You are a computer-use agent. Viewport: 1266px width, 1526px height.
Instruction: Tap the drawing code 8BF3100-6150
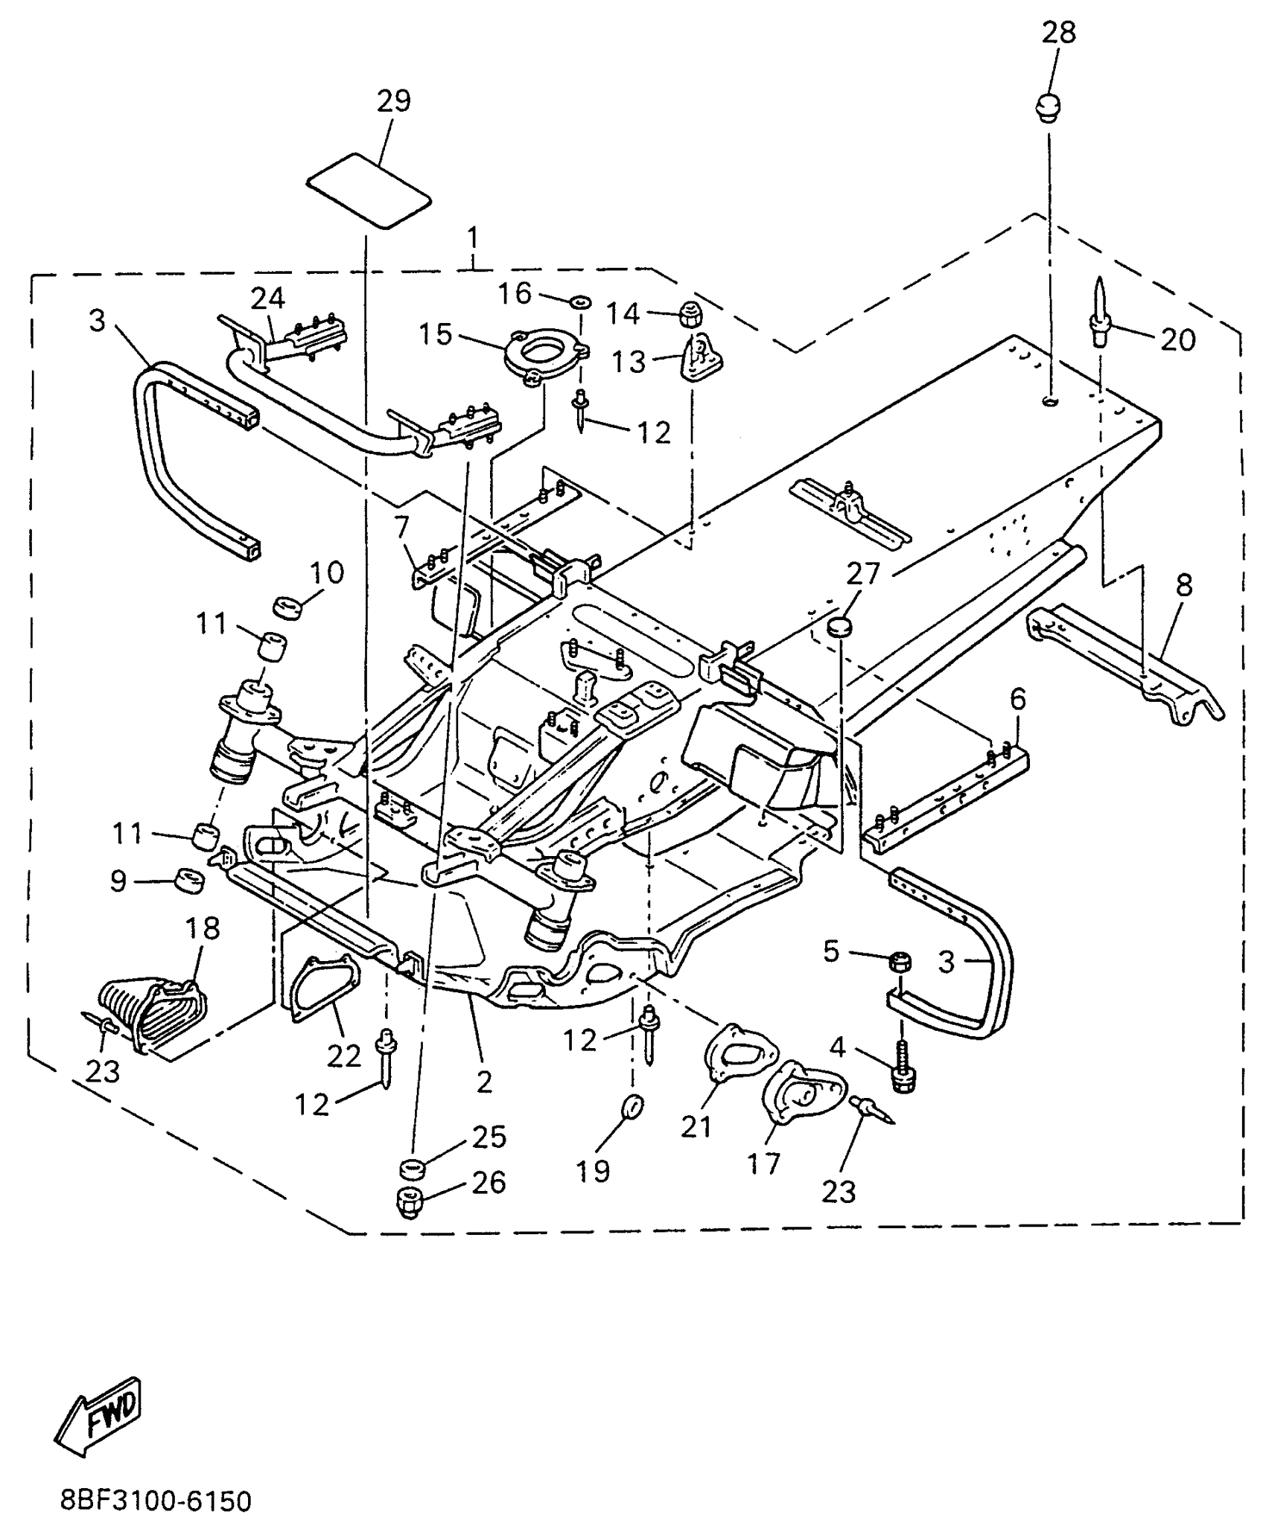point(156,1501)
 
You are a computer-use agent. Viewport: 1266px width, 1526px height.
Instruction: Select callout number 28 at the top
point(1058,33)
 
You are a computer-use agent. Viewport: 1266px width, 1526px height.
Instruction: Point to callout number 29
point(394,100)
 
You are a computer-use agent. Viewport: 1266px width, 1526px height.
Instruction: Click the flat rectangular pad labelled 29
point(369,191)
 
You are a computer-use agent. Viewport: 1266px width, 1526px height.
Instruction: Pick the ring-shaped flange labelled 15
point(545,356)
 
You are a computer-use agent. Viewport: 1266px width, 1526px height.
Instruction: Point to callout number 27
point(864,574)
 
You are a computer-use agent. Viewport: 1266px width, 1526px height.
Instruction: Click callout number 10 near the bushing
point(326,573)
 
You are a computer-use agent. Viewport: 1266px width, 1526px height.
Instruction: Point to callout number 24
point(267,299)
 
